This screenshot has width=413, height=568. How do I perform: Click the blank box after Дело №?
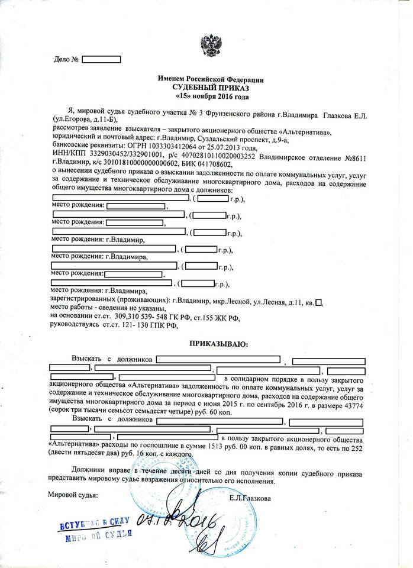(x=101, y=59)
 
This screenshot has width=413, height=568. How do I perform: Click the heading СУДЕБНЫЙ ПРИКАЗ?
(x=211, y=86)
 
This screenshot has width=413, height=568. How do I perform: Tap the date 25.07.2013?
(x=234, y=147)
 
